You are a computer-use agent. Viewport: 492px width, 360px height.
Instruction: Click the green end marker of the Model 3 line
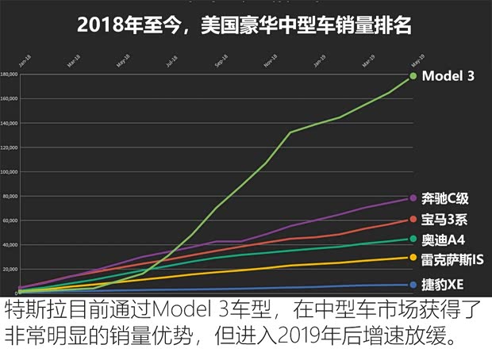[413, 76]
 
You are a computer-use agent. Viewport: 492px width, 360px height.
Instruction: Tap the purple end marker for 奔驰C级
[413, 198]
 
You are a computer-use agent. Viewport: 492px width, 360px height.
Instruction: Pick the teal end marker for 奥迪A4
[413, 239]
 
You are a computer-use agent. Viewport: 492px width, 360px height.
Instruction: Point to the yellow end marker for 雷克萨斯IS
[413, 258]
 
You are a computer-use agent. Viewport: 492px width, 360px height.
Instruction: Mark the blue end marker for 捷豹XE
[413, 285]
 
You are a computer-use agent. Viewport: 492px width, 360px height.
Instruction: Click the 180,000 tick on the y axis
[10, 75]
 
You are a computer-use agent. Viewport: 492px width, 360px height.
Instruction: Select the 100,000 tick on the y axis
[10, 172]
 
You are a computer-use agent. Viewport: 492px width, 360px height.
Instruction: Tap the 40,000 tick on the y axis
[10, 245]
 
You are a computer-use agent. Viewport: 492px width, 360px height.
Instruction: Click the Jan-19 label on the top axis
[318, 59]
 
